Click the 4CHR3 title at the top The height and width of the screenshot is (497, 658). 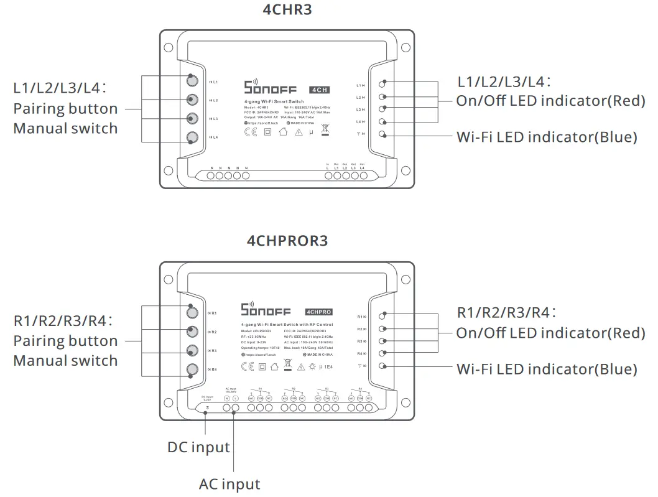click(x=287, y=11)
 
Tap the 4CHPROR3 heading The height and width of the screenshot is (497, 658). click(x=287, y=240)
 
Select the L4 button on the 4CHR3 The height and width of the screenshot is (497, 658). click(x=192, y=137)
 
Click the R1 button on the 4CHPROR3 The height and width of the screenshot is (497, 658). click(x=192, y=313)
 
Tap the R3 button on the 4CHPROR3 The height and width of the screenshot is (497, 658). click(x=192, y=351)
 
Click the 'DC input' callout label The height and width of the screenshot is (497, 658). click(x=198, y=447)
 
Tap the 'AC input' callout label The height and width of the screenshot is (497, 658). click(x=229, y=484)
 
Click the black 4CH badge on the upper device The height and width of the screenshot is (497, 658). click(x=318, y=90)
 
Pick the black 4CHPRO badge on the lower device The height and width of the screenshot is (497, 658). click(x=318, y=311)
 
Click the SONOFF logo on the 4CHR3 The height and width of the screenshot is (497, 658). click(x=270, y=88)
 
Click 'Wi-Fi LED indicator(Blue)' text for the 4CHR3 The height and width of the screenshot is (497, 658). click(x=547, y=137)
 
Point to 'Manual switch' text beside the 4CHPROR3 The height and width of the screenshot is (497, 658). click(x=65, y=361)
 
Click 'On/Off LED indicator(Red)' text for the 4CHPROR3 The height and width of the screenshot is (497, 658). click(x=550, y=333)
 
